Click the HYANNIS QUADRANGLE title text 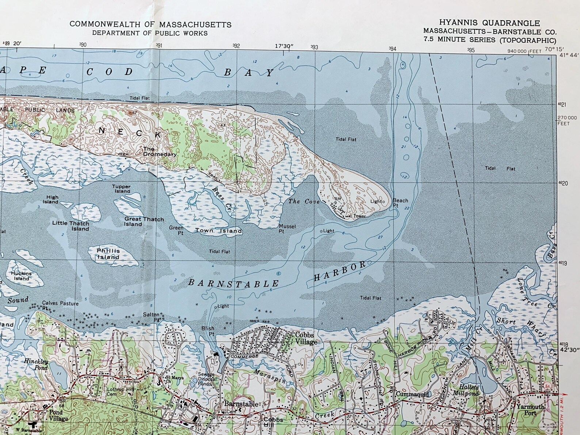pyautogui.click(x=489, y=23)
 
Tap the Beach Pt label pyautogui.click(x=400, y=203)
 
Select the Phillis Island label pyautogui.click(x=108, y=254)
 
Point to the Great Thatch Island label pyautogui.click(x=144, y=222)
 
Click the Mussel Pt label pyautogui.click(x=287, y=229)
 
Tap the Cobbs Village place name pyautogui.click(x=306, y=339)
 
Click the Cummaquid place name pyautogui.click(x=412, y=394)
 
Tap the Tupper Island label pyautogui.click(x=121, y=189)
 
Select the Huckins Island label pyautogui.click(x=21, y=276)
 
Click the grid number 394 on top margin pyautogui.click(x=393, y=48)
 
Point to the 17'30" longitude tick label pyautogui.click(x=284, y=46)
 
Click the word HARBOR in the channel pyautogui.click(x=340, y=271)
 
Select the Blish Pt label pyautogui.click(x=208, y=331)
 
